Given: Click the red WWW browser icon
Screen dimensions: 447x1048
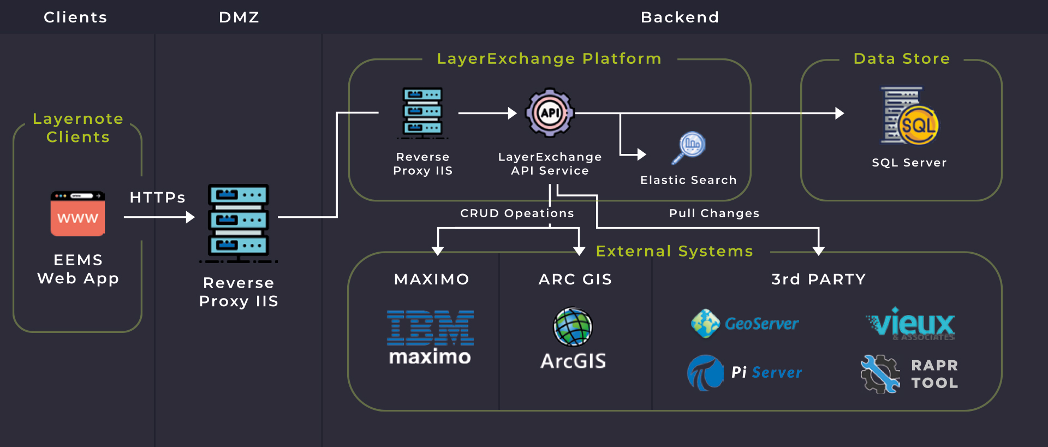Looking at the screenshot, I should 78,213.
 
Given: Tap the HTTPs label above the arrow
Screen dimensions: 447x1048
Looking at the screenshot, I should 157,198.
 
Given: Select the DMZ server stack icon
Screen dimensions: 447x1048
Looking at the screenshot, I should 239,223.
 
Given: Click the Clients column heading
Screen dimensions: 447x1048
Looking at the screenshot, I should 75,17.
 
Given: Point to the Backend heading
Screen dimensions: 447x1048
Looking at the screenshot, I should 680,17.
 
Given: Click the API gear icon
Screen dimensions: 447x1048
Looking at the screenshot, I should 550,113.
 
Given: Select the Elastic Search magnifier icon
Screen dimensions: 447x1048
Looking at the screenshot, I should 689,147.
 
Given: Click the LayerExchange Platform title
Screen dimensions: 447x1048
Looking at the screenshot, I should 549,59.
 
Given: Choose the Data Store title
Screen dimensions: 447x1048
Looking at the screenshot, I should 902,59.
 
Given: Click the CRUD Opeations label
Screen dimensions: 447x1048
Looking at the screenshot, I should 517,213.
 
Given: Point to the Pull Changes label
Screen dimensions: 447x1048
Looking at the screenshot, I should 714,213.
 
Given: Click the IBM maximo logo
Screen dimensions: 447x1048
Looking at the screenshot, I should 430,337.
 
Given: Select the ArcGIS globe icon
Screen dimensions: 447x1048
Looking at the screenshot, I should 573,327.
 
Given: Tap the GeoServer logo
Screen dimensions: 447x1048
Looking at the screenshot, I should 745,324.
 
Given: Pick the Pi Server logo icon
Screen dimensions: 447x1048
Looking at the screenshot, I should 705,373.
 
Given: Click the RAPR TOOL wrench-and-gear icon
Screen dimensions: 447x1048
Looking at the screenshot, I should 880,374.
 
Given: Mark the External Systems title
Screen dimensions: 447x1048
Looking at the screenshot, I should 674,251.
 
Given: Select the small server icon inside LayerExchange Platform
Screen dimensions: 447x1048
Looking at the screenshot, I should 422,112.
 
